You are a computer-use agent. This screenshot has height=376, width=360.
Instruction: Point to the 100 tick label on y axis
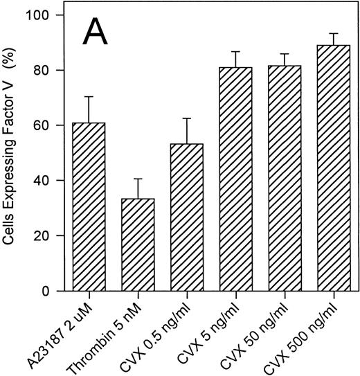pyautogui.click(x=51, y=15)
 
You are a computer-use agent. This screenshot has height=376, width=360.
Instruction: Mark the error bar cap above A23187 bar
pyautogui.click(x=90, y=97)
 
